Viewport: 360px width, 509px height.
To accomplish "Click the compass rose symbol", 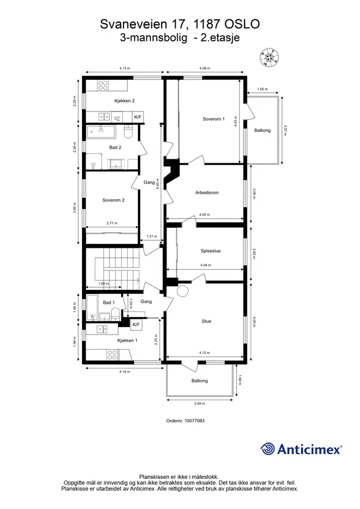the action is click(x=269, y=58).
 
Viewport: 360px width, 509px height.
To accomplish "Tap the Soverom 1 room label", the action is click(x=213, y=119).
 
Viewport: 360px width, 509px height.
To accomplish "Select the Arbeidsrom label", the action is click(x=206, y=192).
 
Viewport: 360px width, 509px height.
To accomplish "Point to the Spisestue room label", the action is click(x=211, y=251).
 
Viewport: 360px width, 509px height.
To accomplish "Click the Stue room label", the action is click(x=206, y=322).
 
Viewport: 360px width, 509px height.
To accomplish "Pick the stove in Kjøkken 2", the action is click(x=103, y=86).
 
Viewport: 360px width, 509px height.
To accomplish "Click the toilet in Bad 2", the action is click(x=128, y=132).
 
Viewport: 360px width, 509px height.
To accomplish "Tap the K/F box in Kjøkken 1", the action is click(x=136, y=325).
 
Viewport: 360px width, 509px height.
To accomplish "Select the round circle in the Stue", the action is click(x=183, y=291).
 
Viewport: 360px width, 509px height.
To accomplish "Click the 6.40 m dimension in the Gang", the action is click(x=158, y=184).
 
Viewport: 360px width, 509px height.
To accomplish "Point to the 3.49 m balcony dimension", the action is click(x=199, y=403).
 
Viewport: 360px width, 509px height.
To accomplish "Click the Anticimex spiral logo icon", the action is click(x=267, y=449).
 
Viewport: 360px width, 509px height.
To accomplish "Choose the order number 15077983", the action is click(x=195, y=421).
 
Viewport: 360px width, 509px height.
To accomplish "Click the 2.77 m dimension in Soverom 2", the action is click(x=112, y=224).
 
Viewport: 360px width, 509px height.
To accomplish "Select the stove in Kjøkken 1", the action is click(x=112, y=354).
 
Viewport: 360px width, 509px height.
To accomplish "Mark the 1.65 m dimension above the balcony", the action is click(x=262, y=89).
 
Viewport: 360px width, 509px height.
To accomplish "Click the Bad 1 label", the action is click(x=109, y=303).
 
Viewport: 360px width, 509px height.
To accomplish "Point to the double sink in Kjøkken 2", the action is click(x=104, y=116).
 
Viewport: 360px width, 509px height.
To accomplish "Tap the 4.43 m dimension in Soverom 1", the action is click(x=236, y=122).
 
